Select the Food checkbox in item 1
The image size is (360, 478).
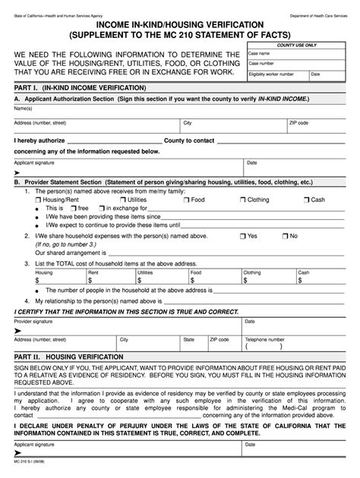tap(186, 200)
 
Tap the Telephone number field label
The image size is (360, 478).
tap(264, 339)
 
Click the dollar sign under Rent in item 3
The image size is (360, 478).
tap(90, 279)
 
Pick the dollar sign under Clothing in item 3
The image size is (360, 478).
tap(245, 279)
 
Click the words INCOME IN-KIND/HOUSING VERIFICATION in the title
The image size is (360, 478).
tap(179, 26)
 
